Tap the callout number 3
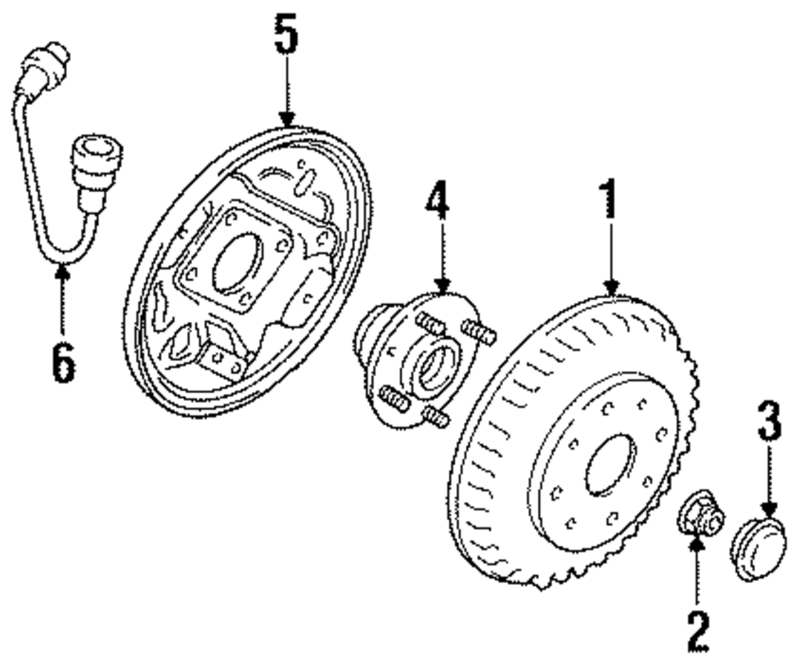tap(768, 423)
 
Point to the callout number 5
tap(286, 36)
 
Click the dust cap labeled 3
tap(758, 549)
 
